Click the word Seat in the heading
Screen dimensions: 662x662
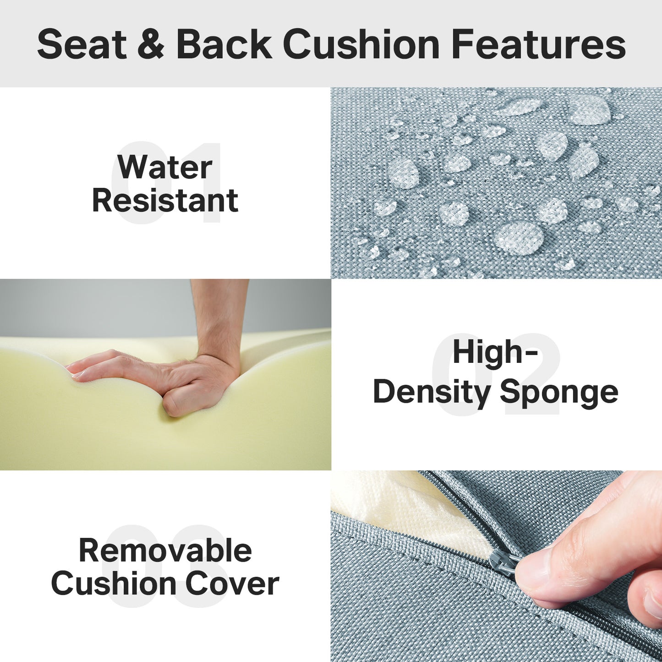click(82, 44)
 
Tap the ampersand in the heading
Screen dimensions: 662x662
click(151, 44)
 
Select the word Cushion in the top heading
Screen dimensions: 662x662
click(361, 44)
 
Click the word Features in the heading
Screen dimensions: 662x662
click(538, 44)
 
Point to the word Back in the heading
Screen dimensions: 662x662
click(224, 44)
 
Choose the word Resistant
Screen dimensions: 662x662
click(165, 200)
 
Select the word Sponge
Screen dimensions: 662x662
click(559, 393)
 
